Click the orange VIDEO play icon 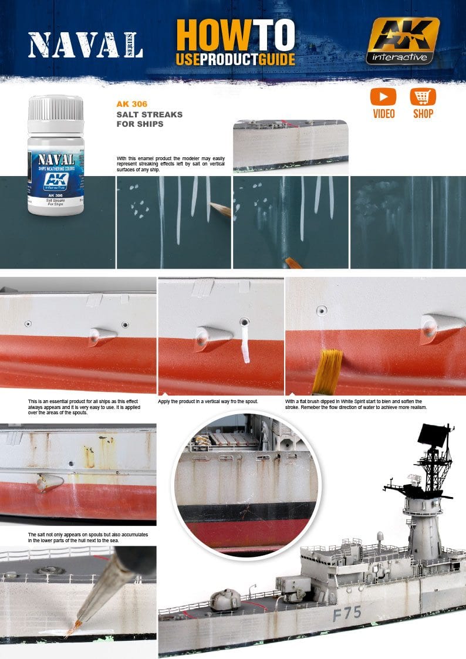click(383, 97)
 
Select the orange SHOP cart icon click(423, 97)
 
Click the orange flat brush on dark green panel click(292, 263)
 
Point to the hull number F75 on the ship click(347, 614)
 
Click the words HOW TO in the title click(235, 35)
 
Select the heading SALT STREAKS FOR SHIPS click(149, 119)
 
